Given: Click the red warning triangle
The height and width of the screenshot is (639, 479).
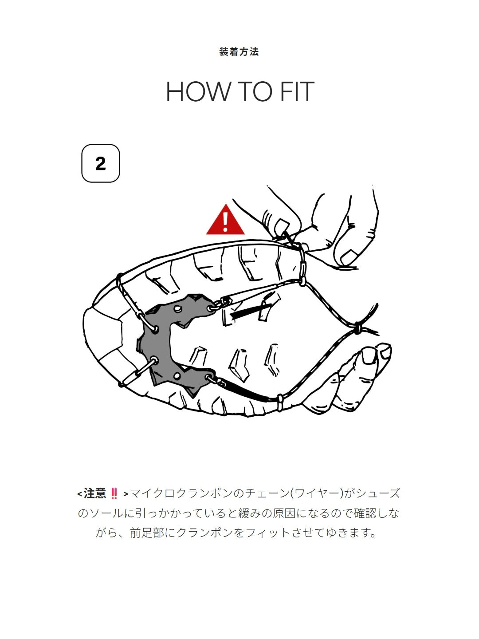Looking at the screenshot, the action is pyautogui.click(x=225, y=220).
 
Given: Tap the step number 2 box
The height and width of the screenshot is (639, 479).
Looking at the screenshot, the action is pyautogui.click(x=101, y=163).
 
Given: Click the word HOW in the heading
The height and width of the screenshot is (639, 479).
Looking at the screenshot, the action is pyautogui.click(x=197, y=91).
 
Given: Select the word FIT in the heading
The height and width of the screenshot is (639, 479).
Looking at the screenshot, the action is pyautogui.click(x=297, y=91).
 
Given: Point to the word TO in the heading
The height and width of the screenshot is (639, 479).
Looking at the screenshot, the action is pyautogui.click(x=255, y=91).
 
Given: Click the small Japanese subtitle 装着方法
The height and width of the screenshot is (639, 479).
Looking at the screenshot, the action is pyautogui.click(x=239, y=52).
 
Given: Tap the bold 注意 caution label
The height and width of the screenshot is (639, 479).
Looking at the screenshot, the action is pyautogui.click(x=94, y=493).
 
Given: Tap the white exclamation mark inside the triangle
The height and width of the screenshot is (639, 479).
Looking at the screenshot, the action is pyautogui.click(x=225, y=222).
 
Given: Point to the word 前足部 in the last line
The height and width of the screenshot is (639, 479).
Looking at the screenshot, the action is pyautogui.click(x=147, y=532).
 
